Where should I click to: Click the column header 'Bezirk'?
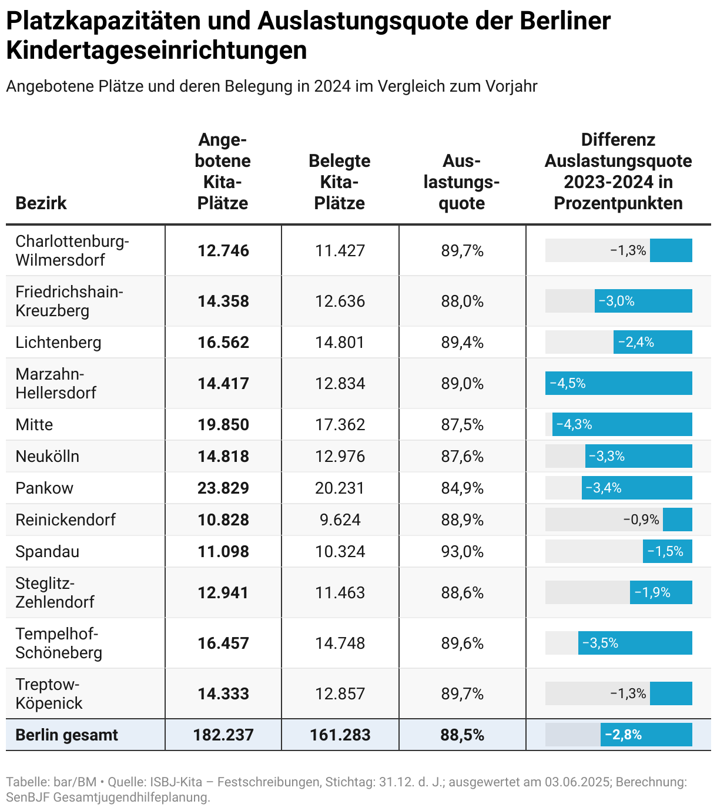click(x=41, y=203)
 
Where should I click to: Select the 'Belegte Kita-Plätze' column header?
click(x=340, y=182)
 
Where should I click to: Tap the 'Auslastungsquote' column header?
click(x=462, y=182)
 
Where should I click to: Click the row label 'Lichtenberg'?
click(x=58, y=343)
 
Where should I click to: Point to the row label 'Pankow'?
click(x=45, y=488)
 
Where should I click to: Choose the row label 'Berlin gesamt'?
click(x=66, y=735)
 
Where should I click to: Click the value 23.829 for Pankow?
click(x=223, y=488)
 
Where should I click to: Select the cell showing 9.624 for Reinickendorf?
click(x=340, y=520)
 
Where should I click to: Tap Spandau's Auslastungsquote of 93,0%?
click(x=463, y=552)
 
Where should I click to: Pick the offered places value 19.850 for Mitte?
click(x=223, y=425)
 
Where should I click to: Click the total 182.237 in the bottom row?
click(x=223, y=735)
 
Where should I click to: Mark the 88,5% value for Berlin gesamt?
click(x=463, y=735)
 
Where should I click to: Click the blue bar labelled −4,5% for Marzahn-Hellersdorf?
click(x=618, y=384)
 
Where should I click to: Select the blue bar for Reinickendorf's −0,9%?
click(x=678, y=520)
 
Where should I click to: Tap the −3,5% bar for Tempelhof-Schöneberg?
click(x=635, y=644)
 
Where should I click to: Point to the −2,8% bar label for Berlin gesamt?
click(x=623, y=735)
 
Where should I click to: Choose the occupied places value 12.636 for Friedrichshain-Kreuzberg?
click(x=340, y=301)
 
